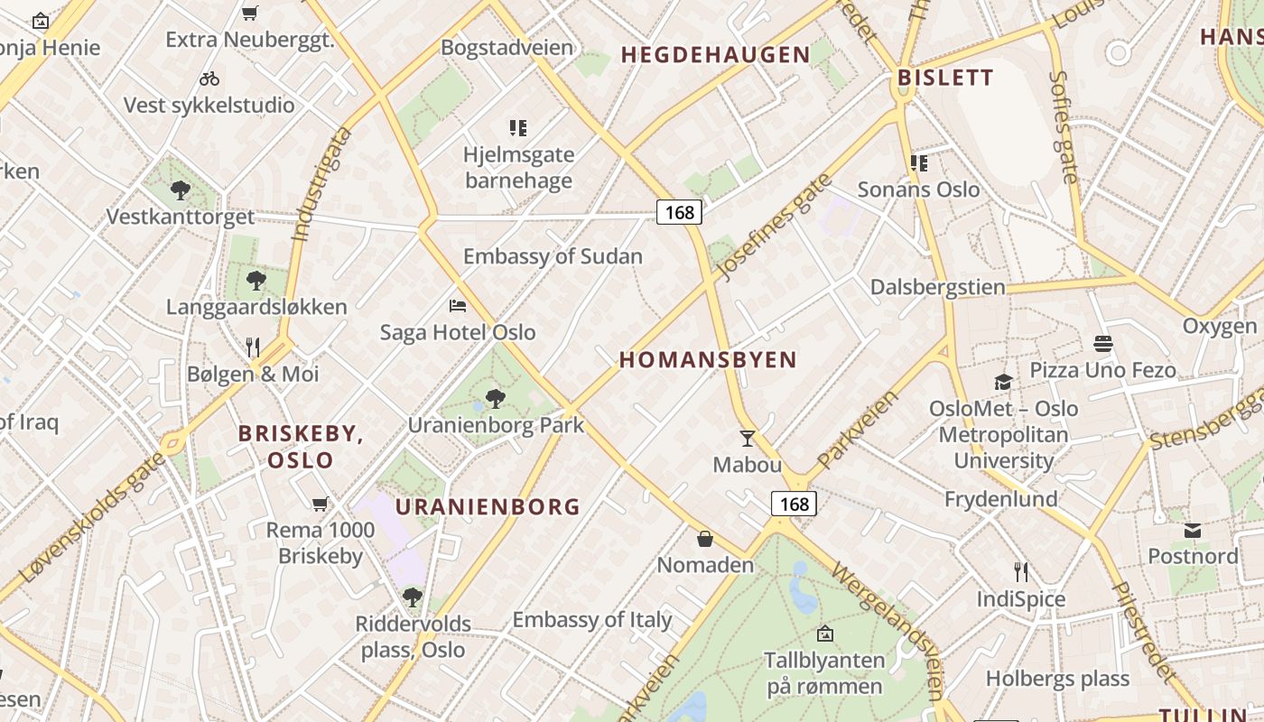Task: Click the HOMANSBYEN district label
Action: tap(708, 360)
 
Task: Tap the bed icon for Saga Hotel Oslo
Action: tap(458, 306)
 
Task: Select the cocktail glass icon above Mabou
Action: tap(747, 439)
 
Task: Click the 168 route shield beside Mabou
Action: tap(794, 504)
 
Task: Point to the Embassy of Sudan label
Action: tap(553, 256)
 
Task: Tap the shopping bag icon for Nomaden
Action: tap(705, 539)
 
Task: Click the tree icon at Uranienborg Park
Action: tap(495, 398)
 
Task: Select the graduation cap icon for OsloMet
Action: tap(1003, 382)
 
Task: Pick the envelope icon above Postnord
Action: tap(1193, 530)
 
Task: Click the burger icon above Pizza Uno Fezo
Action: tap(1102, 344)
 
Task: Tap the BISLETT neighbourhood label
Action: tap(945, 78)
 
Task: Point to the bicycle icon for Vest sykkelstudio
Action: tap(209, 79)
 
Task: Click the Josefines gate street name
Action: tap(773, 226)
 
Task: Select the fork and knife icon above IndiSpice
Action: tap(1020, 571)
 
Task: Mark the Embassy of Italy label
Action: tap(592, 620)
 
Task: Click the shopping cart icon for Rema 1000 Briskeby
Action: tap(320, 504)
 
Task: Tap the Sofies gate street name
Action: tap(1064, 126)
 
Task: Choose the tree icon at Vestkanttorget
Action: tap(181, 190)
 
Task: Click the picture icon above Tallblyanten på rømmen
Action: tap(824, 634)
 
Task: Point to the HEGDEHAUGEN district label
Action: tap(715, 55)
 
